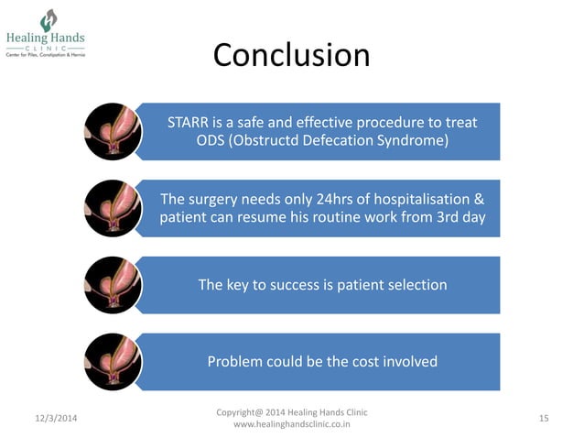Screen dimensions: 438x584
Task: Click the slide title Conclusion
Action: (291, 55)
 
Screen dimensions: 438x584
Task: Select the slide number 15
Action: (544, 419)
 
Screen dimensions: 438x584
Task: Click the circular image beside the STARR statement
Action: (112, 131)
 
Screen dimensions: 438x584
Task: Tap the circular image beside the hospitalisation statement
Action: (112, 208)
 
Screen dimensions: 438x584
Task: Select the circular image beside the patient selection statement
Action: (112, 285)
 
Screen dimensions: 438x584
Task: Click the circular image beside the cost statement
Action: (112, 361)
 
